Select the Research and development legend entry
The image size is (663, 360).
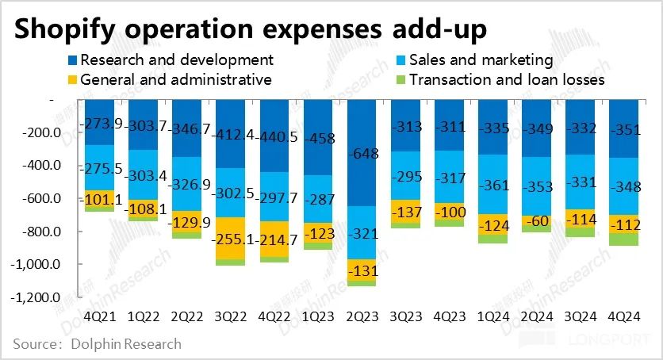tap(176, 59)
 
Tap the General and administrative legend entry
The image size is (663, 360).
tap(175, 79)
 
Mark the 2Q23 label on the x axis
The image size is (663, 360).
tap(362, 315)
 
